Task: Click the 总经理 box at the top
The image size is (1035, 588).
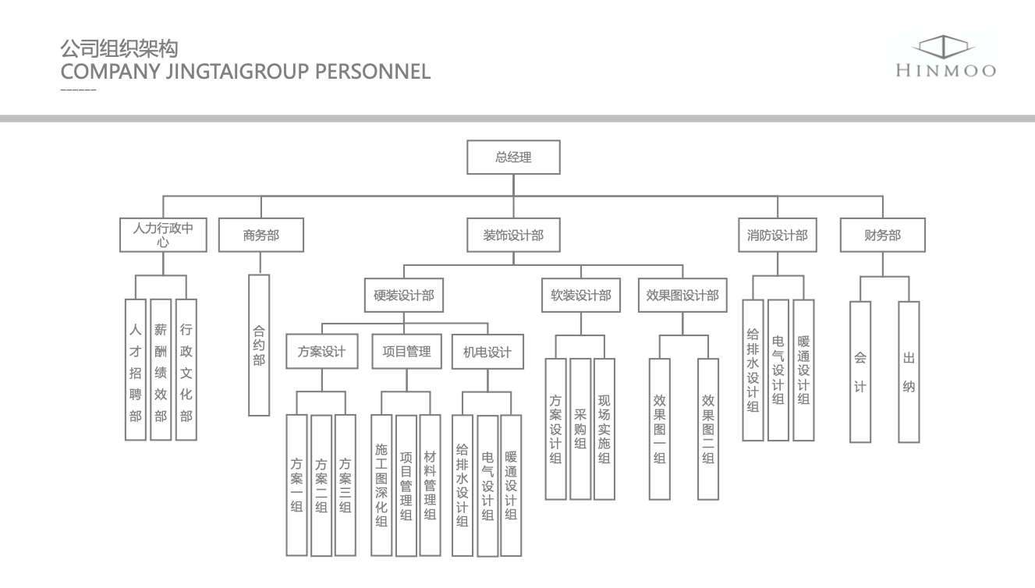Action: [513, 158]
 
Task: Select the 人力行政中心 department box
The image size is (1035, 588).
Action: [163, 235]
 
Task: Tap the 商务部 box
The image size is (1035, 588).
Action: [261, 235]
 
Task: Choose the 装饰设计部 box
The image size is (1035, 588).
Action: [513, 235]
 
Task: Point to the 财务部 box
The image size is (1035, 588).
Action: [882, 235]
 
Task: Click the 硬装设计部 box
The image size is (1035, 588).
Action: [404, 296]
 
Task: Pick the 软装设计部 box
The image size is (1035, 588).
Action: [581, 296]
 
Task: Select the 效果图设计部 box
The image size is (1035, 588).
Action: [682, 296]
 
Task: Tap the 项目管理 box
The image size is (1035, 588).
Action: [406, 352]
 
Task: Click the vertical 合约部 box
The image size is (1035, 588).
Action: [259, 345]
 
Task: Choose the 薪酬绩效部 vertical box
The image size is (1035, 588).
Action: [161, 370]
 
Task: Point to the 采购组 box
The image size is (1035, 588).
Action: [580, 428]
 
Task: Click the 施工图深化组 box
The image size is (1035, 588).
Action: [381, 484]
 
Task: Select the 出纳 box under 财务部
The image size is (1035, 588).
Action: [909, 371]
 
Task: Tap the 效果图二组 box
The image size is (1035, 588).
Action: [708, 428]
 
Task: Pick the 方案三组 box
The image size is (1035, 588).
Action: [346, 484]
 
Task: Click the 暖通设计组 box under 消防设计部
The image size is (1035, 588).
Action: [803, 370]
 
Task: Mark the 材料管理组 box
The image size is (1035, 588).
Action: [430, 484]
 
